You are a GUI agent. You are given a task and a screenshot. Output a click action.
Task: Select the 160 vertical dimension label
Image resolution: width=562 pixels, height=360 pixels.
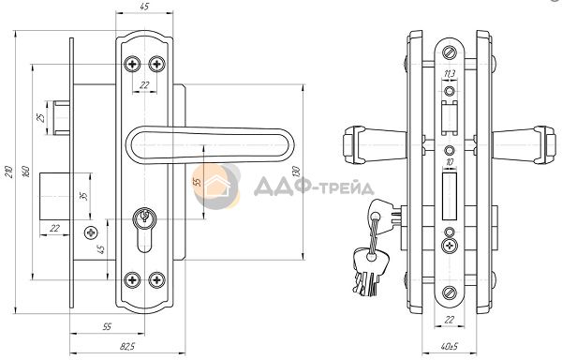[x=26, y=172]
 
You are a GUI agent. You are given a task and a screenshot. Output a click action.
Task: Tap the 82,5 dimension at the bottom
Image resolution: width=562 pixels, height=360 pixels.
[x=126, y=346]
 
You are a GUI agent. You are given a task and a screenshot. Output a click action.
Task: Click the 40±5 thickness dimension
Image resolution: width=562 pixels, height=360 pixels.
[x=449, y=347]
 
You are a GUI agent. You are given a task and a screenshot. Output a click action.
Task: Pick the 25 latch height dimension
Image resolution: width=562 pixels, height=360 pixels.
[x=41, y=117]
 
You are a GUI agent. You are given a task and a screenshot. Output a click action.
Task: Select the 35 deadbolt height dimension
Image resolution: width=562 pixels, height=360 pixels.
[x=83, y=196]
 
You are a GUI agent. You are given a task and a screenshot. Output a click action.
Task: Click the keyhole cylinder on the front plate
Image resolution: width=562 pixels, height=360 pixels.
[x=144, y=230]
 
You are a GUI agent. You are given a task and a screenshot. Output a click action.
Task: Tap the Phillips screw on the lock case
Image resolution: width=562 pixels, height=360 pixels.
[x=91, y=233]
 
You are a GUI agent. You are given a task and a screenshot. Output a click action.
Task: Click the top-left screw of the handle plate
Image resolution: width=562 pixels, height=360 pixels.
[x=133, y=64]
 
